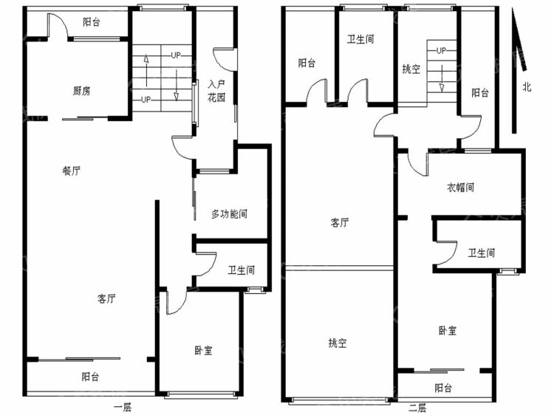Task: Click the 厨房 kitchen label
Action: coord(81,91)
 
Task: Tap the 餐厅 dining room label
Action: coord(72,171)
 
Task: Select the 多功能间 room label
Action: coord(229,213)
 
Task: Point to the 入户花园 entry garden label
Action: coord(216,91)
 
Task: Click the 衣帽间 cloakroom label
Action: coord(461,187)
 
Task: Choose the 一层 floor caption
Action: coord(123,408)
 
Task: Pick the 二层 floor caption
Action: coord(417,408)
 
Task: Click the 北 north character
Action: coord(527,87)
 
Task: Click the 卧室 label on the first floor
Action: coord(204,350)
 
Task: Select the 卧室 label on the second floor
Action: coord(448,331)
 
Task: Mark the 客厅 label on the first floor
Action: coord(106,299)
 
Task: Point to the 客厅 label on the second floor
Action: coord(340,222)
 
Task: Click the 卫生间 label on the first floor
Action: coord(241,270)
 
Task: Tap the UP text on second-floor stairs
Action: coord(441,50)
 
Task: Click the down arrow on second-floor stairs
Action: coord(442,78)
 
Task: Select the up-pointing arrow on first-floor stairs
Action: coord(146,70)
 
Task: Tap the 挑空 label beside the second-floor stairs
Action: coord(411,69)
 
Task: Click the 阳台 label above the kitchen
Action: coord(92,22)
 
